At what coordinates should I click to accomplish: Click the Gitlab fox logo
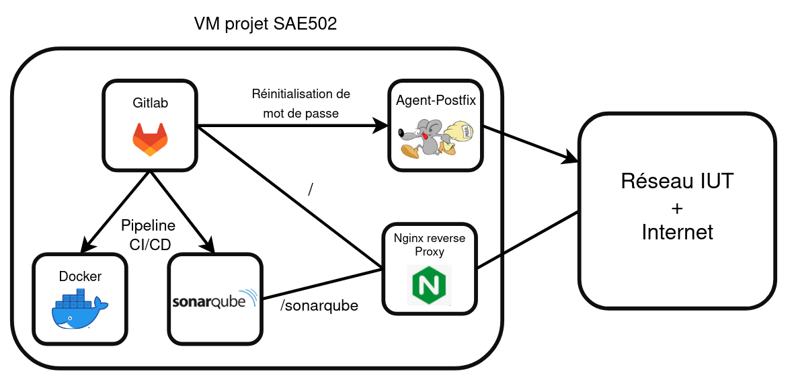tap(150, 139)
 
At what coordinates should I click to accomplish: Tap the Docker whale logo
tap(79, 310)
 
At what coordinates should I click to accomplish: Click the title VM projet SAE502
tap(266, 25)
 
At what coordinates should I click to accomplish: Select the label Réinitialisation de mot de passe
tap(301, 104)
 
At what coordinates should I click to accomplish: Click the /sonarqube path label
tap(319, 306)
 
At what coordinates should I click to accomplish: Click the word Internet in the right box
tap(677, 233)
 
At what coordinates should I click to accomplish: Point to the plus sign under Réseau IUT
tap(677, 207)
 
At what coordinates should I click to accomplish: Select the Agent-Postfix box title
tap(436, 101)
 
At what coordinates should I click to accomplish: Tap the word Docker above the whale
tap(80, 276)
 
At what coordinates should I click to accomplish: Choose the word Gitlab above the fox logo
tap(150, 103)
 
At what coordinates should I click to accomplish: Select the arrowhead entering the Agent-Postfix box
tap(381, 126)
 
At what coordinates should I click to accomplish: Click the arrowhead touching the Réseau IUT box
tap(571, 159)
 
